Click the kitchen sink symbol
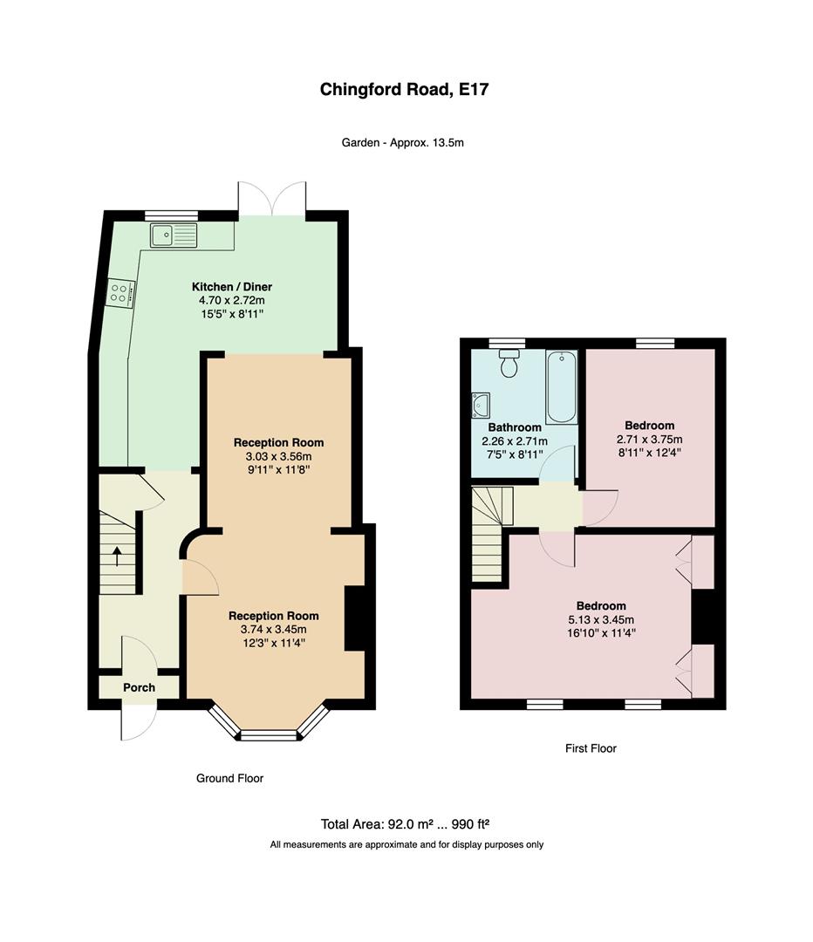[x=174, y=235]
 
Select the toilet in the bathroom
[x=509, y=363]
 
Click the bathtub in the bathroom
[x=561, y=387]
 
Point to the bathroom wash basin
[x=481, y=405]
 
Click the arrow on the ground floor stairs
[x=116, y=556]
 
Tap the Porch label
[x=139, y=687]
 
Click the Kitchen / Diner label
[x=232, y=287]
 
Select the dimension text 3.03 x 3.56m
[x=274, y=456]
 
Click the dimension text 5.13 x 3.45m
[x=601, y=619]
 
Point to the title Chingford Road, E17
[x=404, y=90]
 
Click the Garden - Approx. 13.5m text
[x=403, y=143]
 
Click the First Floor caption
[x=591, y=748]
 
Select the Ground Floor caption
[x=229, y=778]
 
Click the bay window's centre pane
[x=269, y=734]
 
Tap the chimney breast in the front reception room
[x=354, y=618]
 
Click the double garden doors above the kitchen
[x=271, y=198]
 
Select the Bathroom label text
[x=515, y=427]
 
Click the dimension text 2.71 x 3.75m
[x=650, y=439]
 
